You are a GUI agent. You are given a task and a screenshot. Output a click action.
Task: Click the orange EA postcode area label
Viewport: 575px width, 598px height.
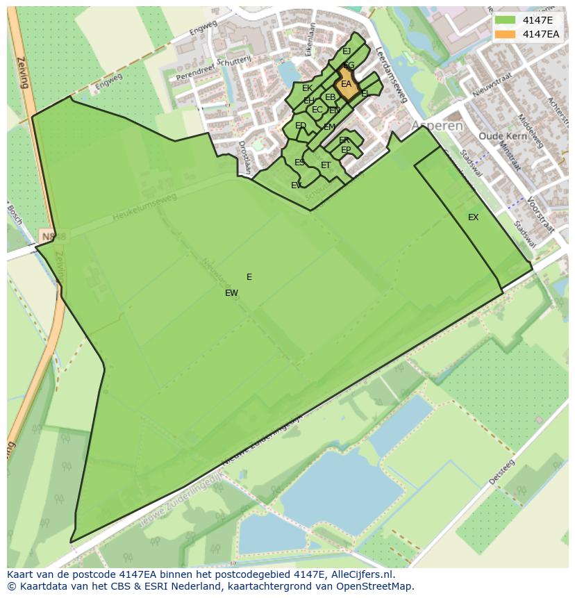click(346, 84)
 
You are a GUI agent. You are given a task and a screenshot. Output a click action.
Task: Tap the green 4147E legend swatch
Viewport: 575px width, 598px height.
click(504, 20)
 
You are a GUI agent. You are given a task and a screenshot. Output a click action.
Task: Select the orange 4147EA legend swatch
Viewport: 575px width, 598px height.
click(504, 34)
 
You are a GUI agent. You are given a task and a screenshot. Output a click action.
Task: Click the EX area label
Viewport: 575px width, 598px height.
click(473, 217)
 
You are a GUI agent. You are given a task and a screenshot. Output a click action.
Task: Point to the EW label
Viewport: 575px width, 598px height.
click(231, 293)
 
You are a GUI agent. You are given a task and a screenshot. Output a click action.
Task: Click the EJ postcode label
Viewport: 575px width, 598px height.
click(347, 51)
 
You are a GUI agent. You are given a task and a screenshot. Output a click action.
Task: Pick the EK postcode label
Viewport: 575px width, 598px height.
click(307, 88)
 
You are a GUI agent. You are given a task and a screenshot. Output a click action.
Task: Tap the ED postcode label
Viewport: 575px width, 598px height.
click(300, 126)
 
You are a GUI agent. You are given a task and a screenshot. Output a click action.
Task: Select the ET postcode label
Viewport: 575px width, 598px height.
click(326, 165)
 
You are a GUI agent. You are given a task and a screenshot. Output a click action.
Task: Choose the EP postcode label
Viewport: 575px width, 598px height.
click(346, 150)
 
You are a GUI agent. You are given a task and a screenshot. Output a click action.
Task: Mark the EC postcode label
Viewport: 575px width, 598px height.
click(317, 110)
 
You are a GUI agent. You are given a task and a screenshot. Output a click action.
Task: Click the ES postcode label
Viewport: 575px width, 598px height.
click(299, 163)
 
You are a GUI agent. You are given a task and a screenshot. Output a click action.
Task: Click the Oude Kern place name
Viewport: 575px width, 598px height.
click(499, 136)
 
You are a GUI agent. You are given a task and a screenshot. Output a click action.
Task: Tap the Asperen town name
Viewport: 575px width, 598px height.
click(437, 126)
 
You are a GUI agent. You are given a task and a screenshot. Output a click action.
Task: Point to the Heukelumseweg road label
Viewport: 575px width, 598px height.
click(144, 208)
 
